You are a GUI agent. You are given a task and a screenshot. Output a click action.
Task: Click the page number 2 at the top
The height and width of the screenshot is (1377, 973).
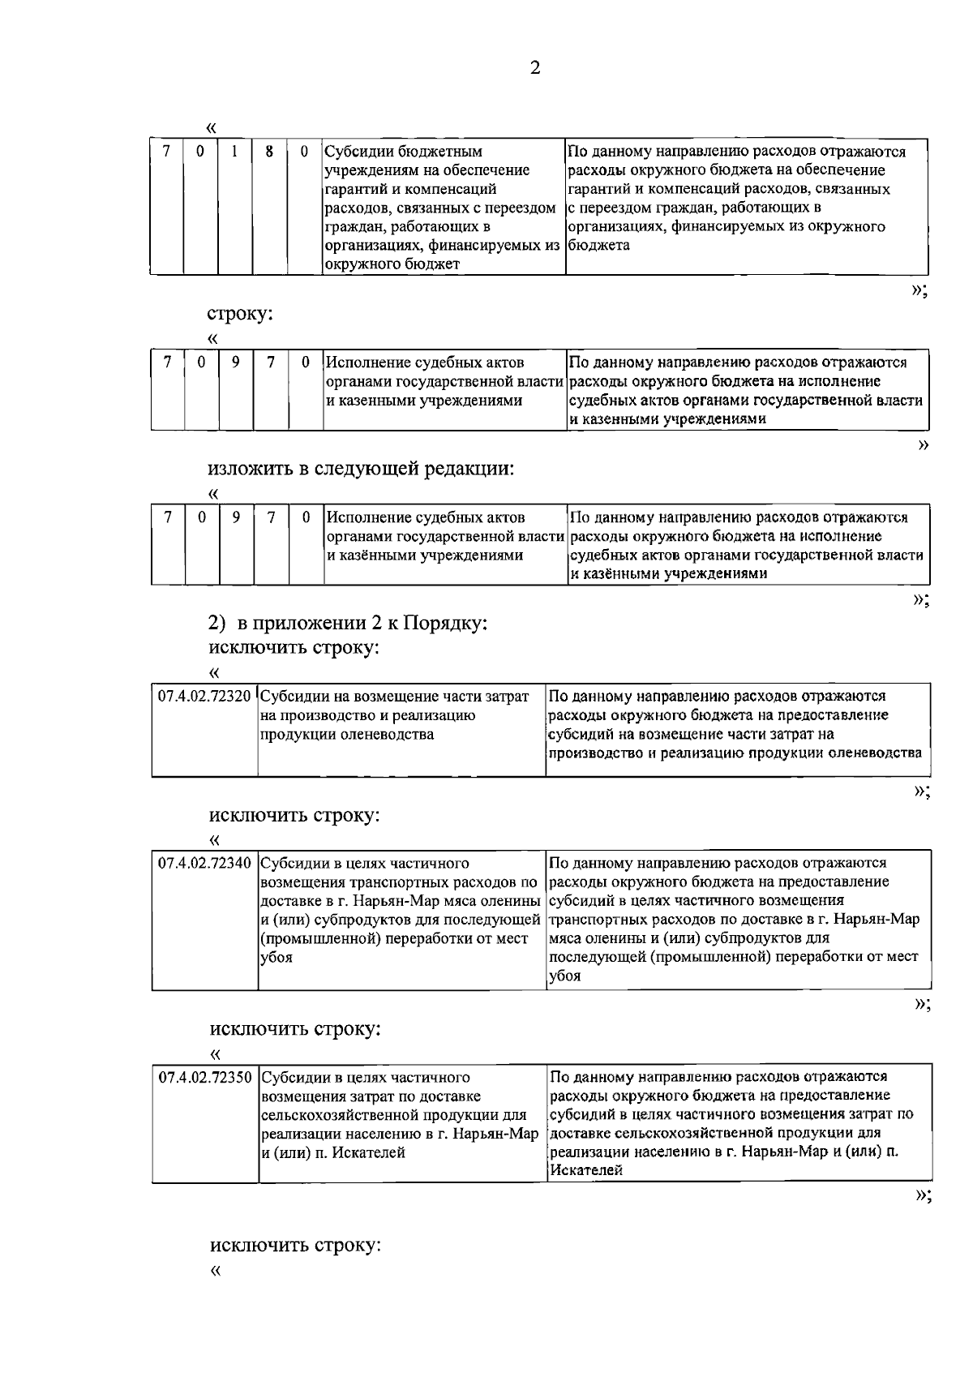pyautogui.click(x=534, y=68)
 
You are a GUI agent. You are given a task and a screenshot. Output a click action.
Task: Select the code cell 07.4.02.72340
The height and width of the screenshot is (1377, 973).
pyautogui.click(x=204, y=864)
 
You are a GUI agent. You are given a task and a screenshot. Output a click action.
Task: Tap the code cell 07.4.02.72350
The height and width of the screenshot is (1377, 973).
pyautogui.click(x=205, y=1078)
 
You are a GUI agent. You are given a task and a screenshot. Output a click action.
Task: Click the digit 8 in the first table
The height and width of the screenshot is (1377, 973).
pyautogui.click(x=268, y=152)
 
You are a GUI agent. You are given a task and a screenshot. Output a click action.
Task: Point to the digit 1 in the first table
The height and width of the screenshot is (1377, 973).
pyautogui.click(x=234, y=152)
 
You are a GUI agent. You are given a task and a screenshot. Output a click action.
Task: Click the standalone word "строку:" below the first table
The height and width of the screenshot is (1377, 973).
pyautogui.click(x=240, y=315)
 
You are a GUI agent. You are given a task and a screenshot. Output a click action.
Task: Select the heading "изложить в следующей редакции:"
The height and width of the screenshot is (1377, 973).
pyautogui.click(x=362, y=469)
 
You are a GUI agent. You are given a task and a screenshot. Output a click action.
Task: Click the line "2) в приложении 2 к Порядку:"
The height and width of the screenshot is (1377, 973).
pyautogui.click(x=348, y=624)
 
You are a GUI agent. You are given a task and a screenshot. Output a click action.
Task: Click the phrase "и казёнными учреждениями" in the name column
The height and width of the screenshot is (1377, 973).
pyautogui.click(x=424, y=556)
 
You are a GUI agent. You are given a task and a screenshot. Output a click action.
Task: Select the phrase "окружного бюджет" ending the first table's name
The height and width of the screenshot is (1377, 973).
pyautogui.click(x=392, y=264)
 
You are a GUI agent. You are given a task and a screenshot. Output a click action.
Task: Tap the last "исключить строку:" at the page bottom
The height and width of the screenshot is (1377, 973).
pyautogui.click(x=295, y=1245)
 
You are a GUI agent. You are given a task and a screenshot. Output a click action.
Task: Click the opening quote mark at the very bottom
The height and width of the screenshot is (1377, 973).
pyautogui.click(x=215, y=1270)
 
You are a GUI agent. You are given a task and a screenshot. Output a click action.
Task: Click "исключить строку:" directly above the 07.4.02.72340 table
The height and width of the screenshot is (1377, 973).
pyautogui.click(x=294, y=815)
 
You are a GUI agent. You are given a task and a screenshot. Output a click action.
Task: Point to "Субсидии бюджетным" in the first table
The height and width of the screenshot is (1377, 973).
pyautogui.click(x=403, y=152)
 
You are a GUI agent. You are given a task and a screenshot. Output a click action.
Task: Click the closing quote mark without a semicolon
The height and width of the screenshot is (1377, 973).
pyautogui.click(x=922, y=444)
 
